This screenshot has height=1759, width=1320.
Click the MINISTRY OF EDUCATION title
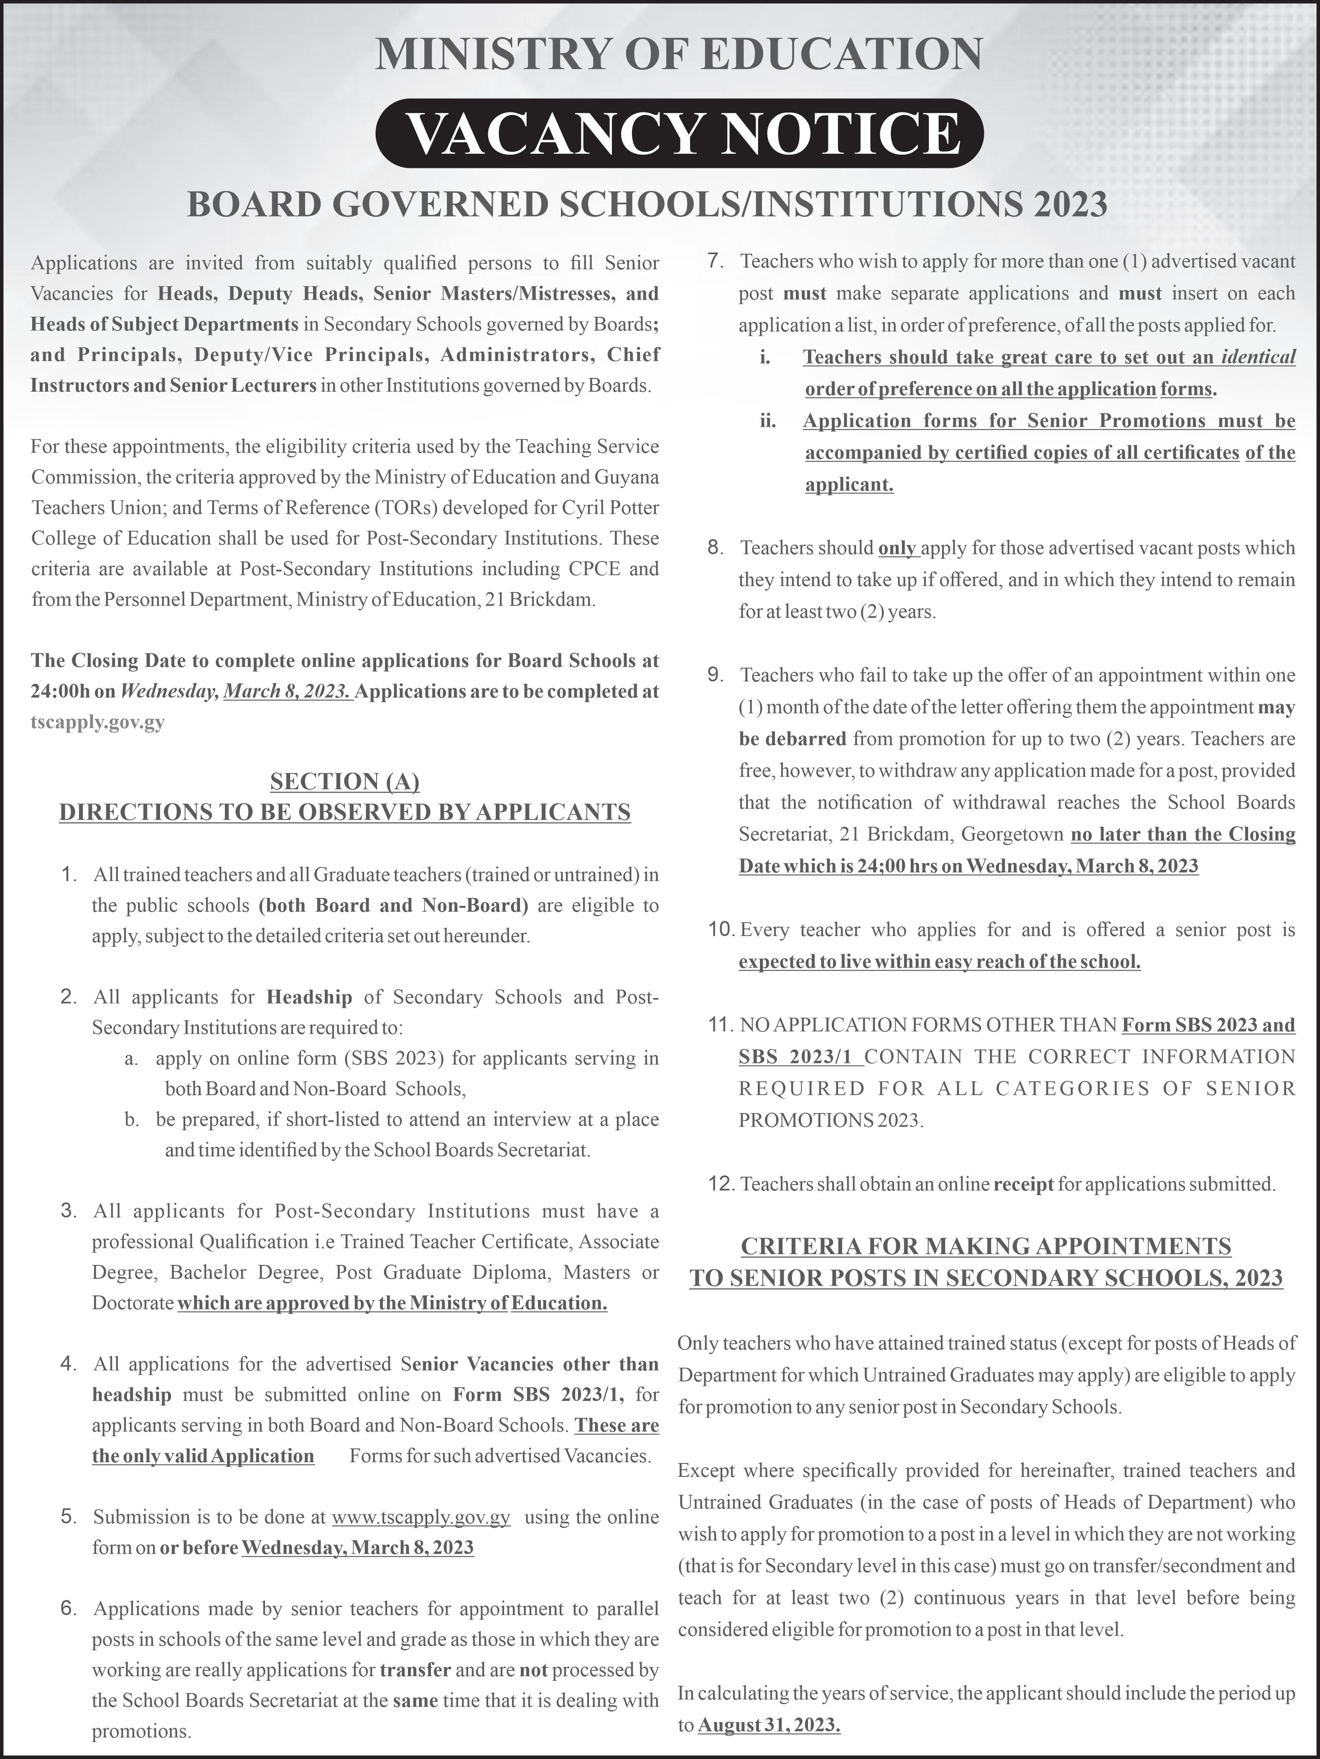pos(678,54)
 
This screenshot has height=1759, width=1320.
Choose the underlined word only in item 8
pos(898,548)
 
